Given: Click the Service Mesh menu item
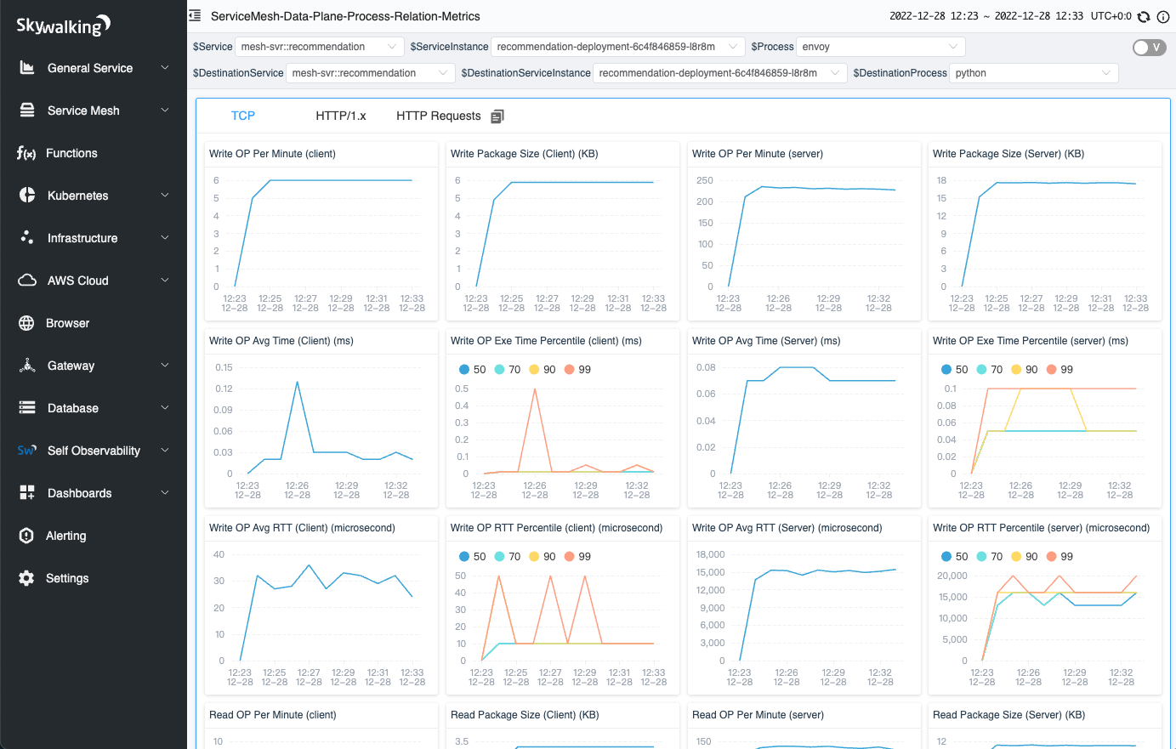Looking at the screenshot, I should [x=83, y=111].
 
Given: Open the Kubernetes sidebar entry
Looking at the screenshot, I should [x=77, y=196].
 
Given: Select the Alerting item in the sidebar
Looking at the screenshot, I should [x=65, y=536].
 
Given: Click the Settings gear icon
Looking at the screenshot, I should [x=27, y=578].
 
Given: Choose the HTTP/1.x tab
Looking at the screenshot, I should [x=340, y=116].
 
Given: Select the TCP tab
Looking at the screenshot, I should [x=243, y=116].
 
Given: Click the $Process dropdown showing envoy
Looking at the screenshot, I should [x=879, y=47].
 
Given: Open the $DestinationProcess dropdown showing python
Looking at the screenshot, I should [x=1032, y=73].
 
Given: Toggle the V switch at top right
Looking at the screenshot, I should [x=1149, y=48].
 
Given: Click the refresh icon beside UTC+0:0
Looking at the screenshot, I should [x=1144, y=17].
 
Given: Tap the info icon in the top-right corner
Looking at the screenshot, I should [x=1163, y=17].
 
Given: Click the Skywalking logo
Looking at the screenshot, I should [x=64, y=26].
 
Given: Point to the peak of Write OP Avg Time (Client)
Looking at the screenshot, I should [x=297, y=382].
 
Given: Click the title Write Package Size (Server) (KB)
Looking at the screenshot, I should [x=1008, y=154].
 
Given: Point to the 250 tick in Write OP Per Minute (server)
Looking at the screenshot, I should [x=705, y=180].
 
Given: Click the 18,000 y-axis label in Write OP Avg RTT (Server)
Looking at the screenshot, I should [x=710, y=554].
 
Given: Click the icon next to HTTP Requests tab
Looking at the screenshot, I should [x=497, y=116].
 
